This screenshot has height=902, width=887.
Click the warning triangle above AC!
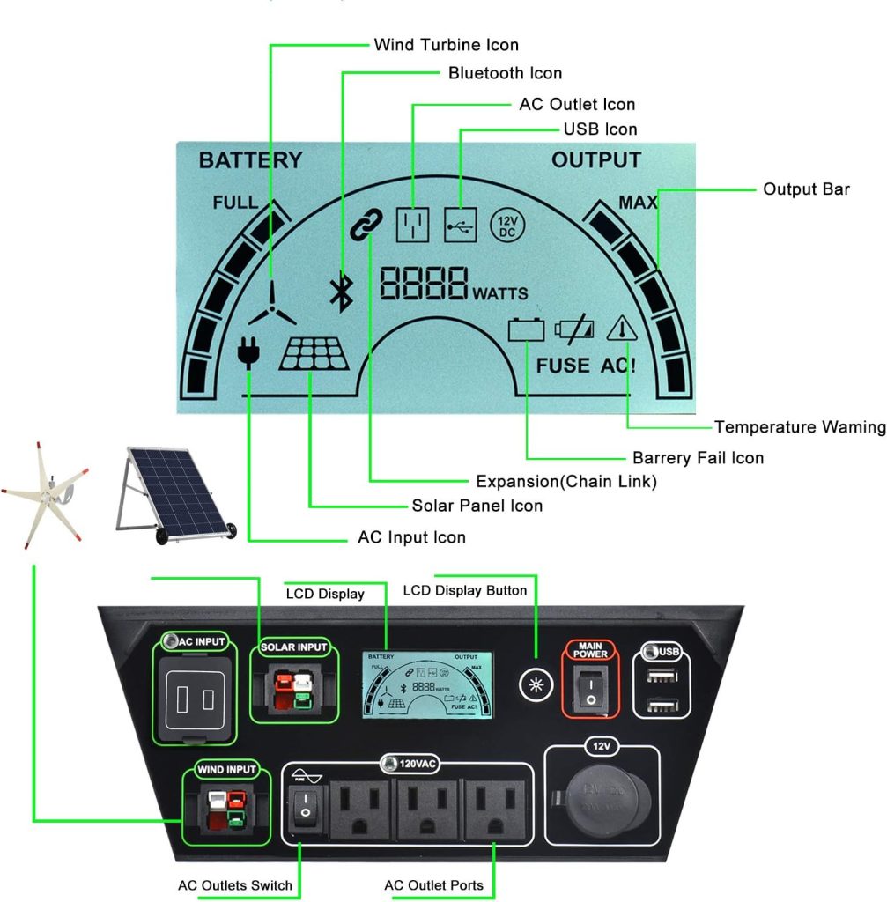coord(620,329)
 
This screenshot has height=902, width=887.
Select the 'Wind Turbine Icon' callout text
coord(446,44)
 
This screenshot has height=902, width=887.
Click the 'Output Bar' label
coord(806,189)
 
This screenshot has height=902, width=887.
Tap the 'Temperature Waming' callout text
coord(799,427)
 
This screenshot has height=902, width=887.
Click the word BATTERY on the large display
coord(250,160)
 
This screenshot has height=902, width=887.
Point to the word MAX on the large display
coord(638,203)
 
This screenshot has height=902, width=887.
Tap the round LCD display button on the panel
coord(534,684)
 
